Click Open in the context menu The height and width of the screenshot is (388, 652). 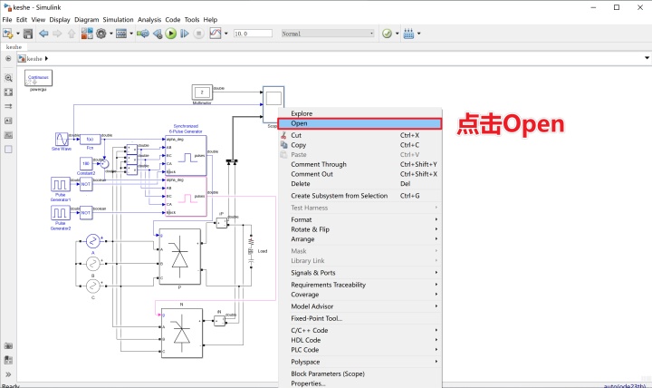[300, 123]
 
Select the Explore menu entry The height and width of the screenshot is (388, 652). [302, 113]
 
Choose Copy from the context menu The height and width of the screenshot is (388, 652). [299, 145]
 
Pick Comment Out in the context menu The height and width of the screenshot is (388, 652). [312, 174]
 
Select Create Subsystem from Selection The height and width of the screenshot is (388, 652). [339, 196]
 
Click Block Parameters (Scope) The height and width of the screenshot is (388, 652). [327, 373]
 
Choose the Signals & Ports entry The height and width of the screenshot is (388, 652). [313, 273]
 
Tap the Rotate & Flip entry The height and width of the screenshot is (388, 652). [310, 229]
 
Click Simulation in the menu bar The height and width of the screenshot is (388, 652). [118, 19]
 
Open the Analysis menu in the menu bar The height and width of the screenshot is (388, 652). [150, 19]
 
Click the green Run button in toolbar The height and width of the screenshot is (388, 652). [170, 34]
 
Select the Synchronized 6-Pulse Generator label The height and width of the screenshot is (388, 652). [185, 129]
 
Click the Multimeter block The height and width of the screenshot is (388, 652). [203, 92]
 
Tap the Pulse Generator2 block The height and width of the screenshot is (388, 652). [61, 213]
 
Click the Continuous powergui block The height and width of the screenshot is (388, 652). [38, 79]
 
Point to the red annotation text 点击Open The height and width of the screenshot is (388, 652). [510, 123]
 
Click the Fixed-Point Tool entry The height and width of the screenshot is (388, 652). [316, 318]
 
